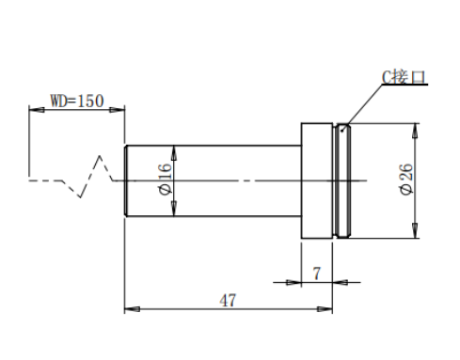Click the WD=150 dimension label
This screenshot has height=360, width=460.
point(77,101)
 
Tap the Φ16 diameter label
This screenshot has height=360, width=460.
point(166,179)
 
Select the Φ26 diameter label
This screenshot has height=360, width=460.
point(406,179)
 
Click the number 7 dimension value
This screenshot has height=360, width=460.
point(317,274)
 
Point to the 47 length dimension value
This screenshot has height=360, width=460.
point(228,301)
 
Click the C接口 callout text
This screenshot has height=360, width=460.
point(404,77)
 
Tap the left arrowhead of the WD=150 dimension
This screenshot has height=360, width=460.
point(37,110)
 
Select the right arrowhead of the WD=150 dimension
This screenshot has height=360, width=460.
point(117,110)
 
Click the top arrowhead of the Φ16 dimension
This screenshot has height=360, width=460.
point(174,153)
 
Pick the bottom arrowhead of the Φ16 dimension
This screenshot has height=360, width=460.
point(174,209)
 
